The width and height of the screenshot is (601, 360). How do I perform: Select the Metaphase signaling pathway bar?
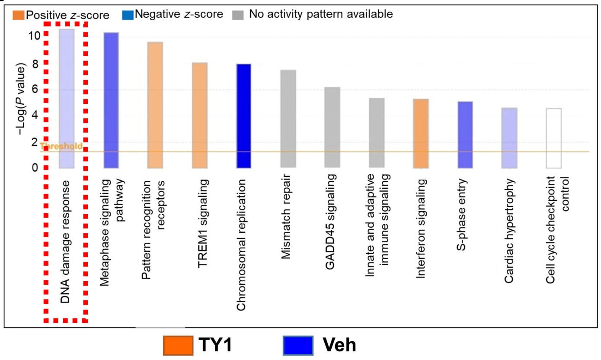(x=111, y=100)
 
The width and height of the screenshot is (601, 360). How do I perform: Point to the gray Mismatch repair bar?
(x=288, y=119)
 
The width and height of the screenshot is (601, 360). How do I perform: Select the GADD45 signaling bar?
(x=332, y=128)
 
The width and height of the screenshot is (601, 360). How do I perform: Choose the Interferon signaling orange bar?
(x=421, y=134)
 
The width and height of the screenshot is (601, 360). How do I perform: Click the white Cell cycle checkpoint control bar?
(x=553, y=138)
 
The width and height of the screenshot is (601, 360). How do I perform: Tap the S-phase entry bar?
(x=465, y=135)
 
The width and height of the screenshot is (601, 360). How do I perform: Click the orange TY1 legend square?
(x=178, y=345)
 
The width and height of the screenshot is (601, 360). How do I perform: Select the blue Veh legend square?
(x=298, y=345)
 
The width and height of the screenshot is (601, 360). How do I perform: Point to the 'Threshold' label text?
(x=61, y=146)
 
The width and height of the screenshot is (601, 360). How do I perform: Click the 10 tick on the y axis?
(x=34, y=35)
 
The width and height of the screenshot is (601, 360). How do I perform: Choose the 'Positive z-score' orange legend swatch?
(x=19, y=15)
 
